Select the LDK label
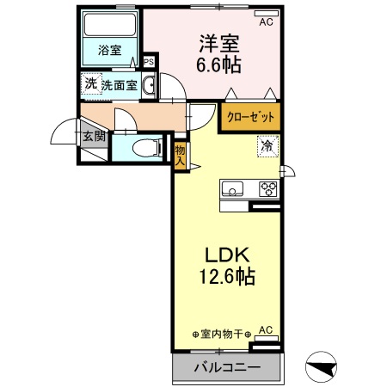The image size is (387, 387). [x=227, y=255]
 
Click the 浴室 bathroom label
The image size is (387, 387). [x=108, y=49]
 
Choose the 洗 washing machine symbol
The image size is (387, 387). [x=90, y=83]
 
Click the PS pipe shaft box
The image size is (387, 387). [x=148, y=62]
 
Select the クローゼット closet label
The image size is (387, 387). [x=252, y=115]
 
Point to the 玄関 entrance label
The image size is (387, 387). [x=93, y=135]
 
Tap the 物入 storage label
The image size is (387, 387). [x=180, y=153]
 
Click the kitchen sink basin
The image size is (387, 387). [x=234, y=188]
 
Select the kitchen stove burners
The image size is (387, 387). [x=268, y=189]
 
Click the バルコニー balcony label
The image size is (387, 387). [x=227, y=368]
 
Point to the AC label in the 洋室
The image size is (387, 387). [x=266, y=21]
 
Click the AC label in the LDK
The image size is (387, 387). [x=266, y=329]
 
